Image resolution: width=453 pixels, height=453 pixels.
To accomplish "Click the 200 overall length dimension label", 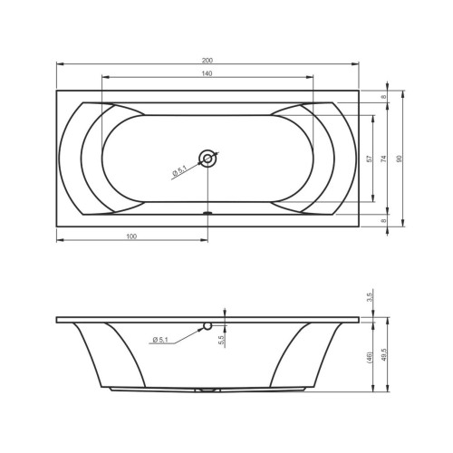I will (208, 59).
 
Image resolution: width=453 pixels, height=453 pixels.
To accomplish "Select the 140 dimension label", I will (208, 72).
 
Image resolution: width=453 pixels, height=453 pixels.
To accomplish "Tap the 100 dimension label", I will (132, 236).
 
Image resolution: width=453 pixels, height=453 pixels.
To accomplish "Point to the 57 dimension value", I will (369, 159).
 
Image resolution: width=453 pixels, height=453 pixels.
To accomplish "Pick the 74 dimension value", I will (383, 159).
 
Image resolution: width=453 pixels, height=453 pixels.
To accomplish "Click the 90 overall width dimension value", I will (398, 159).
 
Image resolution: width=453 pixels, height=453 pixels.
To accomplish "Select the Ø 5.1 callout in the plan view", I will (179, 169).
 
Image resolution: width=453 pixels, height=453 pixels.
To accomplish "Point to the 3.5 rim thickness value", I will (370, 296).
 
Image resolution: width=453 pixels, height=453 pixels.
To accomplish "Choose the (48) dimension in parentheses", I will (370, 357).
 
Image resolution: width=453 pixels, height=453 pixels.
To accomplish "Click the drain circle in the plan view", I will (208, 159).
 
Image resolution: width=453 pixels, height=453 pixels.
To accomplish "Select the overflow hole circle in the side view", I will (207, 326).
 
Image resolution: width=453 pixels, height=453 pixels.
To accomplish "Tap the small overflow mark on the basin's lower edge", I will (208, 214).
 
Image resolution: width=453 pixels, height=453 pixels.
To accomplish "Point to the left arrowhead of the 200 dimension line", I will (59, 64).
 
